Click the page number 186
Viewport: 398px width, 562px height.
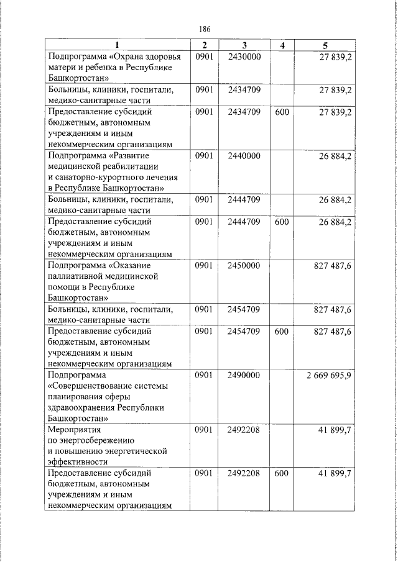[x=205, y=29]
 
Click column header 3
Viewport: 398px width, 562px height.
[x=244, y=45]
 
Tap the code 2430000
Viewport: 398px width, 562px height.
[x=244, y=57]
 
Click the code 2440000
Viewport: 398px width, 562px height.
[x=244, y=156]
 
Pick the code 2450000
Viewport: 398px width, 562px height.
[x=244, y=265]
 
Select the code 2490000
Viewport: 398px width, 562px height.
[x=244, y=375]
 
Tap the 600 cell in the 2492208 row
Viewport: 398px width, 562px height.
[x=282, y=473]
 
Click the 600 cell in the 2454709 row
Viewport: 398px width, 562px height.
[x=282, y=332]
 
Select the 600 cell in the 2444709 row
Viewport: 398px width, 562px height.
[x=282, y=222]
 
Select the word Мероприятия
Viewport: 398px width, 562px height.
[x=74, y=430]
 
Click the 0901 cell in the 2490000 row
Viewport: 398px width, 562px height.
[x=204, y=375]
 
